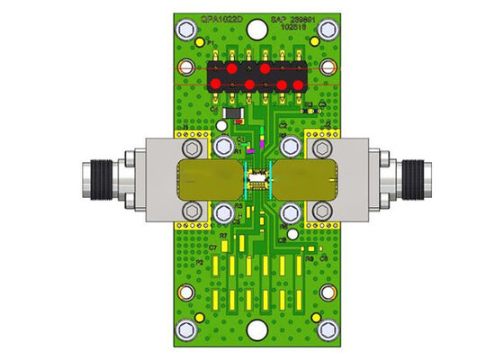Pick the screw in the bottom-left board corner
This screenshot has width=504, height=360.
point(186,292)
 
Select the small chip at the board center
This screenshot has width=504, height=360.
point(258,179)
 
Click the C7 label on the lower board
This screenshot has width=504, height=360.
point(213,247)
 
